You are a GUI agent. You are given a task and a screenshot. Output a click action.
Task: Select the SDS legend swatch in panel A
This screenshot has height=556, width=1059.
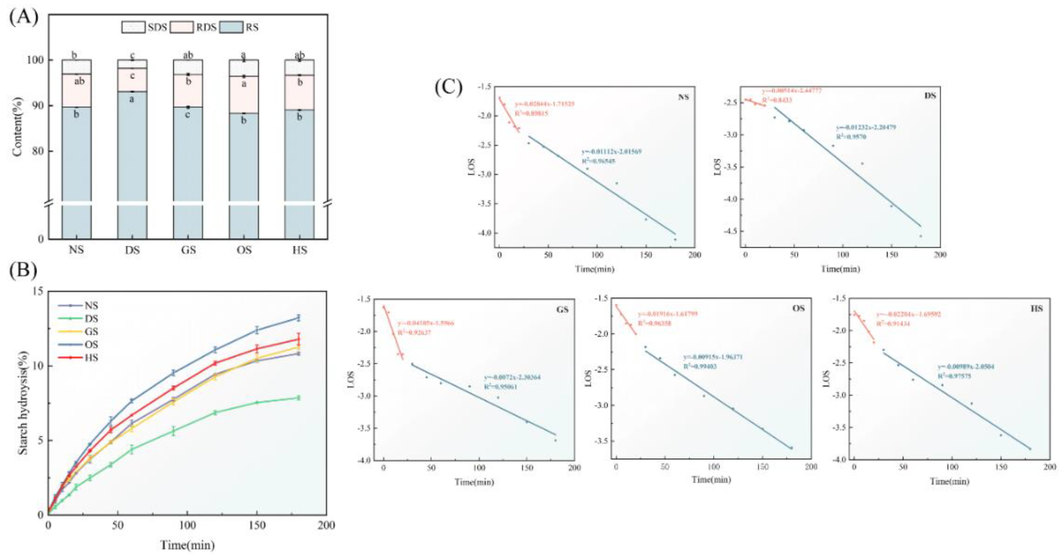(x=133, y=27)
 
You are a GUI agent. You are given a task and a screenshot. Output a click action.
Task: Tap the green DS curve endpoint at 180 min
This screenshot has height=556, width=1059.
(x=299, y=398)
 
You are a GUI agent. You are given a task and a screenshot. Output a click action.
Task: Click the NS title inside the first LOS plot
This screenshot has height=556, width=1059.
(x=683, y=97)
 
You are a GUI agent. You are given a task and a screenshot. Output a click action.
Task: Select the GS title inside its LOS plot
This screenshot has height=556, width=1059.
(x=562, y=310)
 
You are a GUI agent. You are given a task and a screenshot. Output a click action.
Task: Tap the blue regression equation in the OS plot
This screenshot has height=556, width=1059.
(x=713, y=357)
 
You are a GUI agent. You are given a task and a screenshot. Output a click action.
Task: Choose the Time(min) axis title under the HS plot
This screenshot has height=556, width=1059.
(x=950, y=481)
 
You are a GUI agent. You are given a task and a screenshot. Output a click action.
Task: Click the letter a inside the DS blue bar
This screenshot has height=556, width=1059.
(x=132, y=99)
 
